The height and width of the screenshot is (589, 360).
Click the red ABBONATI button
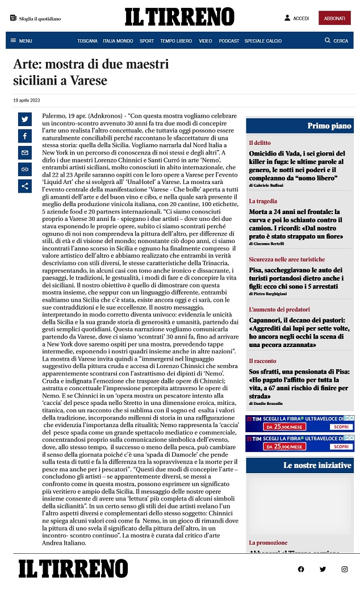coord(334,18)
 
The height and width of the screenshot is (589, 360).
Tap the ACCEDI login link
coord(297,18)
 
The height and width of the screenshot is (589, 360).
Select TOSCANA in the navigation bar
coord(87,41)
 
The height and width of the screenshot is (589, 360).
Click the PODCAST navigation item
coord(229,41)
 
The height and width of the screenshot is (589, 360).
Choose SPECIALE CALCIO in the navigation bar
coord(263,41)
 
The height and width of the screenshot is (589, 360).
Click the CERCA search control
coord(336,41)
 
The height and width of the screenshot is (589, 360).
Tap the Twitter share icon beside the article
coord(25,119)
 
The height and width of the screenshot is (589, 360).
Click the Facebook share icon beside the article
coord(25,136)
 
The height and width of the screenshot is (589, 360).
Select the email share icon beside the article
coord(25,153)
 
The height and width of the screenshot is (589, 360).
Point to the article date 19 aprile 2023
coord(27,101)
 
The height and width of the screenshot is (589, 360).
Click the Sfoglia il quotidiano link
coord(35,18)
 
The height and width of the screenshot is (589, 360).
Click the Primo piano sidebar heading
coord(329,126)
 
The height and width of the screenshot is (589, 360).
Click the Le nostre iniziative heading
coord(317,465)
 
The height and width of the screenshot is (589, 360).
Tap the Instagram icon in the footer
coord(344,569)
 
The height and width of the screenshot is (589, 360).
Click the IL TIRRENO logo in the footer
coord(73,569)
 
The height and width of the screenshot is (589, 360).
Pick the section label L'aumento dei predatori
coord(279,310)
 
